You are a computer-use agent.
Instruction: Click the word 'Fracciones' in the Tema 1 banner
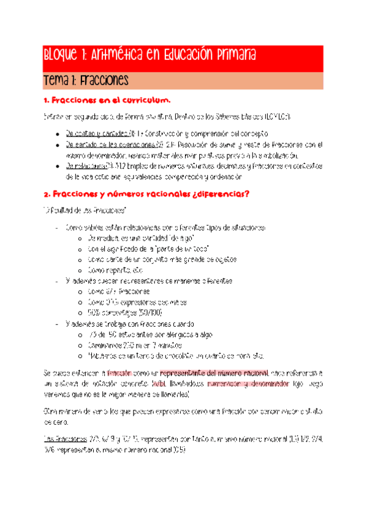click(x=100, y=80)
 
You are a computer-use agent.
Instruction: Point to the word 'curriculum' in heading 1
click(x=146, y=100)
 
